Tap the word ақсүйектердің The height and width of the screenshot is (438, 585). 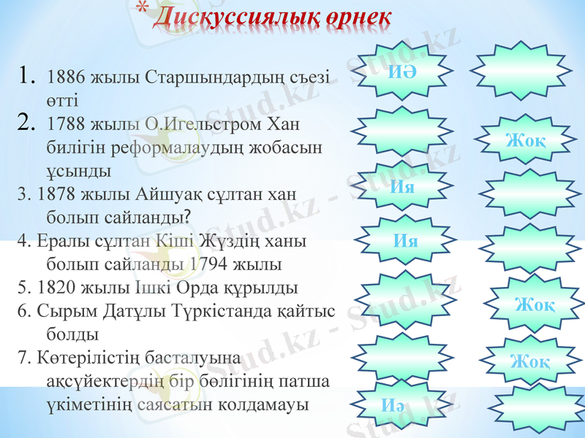(102, 381)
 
